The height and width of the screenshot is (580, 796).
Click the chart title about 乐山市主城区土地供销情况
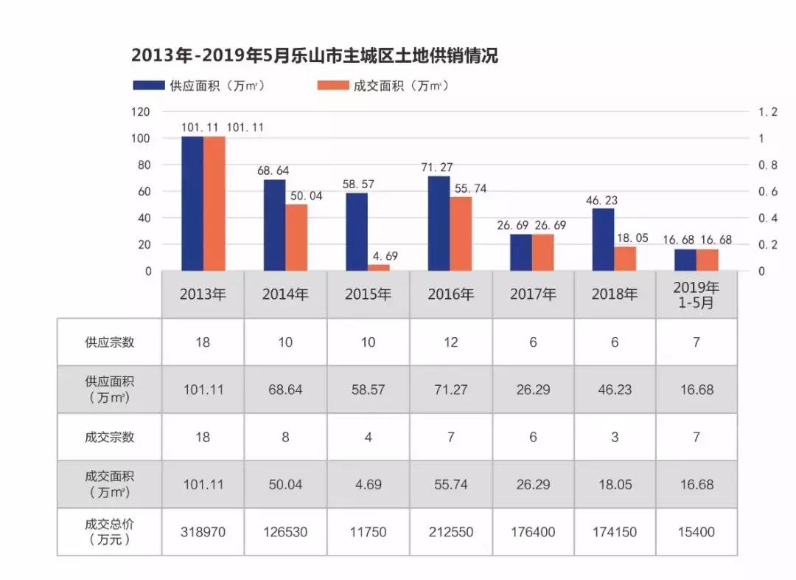(315, 55)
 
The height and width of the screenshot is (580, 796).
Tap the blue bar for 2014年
(275, 225)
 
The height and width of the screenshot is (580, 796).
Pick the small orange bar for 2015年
(379, 267)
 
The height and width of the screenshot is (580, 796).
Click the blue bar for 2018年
(603, 240)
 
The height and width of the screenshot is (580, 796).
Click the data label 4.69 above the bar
(383, 256)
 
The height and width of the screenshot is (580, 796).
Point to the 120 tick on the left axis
(141, 112)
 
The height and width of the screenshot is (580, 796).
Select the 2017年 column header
(533, 294)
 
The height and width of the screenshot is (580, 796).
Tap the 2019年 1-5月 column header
(696, 294)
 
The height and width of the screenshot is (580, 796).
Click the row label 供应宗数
(109, 342)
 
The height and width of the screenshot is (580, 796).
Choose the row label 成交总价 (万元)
(109, 532)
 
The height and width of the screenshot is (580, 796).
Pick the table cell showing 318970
(203, 532)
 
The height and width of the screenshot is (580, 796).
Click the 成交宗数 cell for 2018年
(615, 437)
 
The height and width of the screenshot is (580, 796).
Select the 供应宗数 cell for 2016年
(450, 342)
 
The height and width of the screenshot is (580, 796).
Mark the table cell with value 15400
(696, 532)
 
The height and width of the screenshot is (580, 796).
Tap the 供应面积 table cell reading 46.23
(615, 390)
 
